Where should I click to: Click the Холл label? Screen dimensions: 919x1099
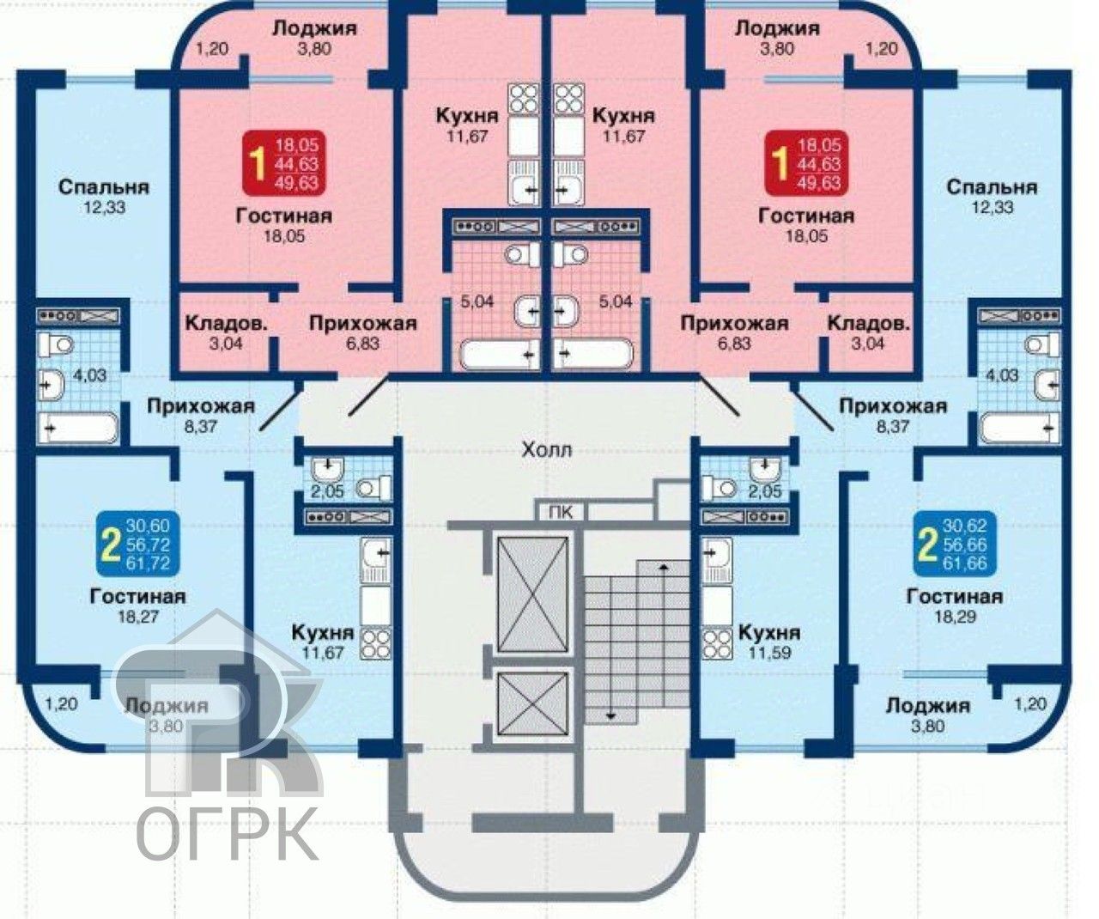pyautogui.click(x=546, y=448)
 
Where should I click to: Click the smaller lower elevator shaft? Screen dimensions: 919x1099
pyautogui.click(x=533, y=703)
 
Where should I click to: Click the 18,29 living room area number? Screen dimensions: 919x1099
pyautogui.click(x=954, y=617)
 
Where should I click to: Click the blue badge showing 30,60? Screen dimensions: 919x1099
pyautogui.click(x=135, y=544)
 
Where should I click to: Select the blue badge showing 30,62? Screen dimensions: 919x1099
pyautogui.click(x=951, y=544)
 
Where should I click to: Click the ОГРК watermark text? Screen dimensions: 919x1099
pyautogui.click(x=228, y=831)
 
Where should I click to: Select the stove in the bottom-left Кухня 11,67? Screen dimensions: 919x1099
pyautogui.click(x=376, y=642)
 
